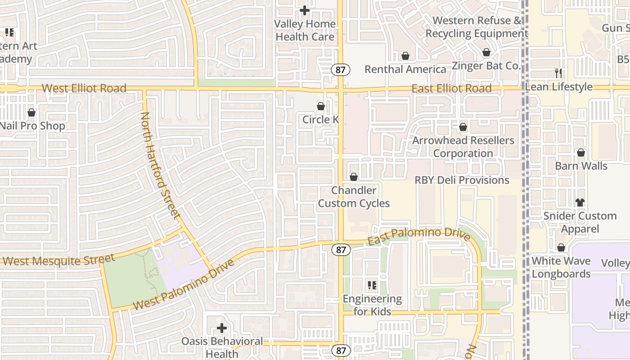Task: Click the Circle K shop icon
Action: (321, 106)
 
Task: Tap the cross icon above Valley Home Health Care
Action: (305, 10)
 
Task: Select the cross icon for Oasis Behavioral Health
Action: (221, 328)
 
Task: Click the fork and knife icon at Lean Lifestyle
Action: (558, 73)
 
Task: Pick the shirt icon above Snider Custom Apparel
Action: (580, 202)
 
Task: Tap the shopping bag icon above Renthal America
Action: (405, 56)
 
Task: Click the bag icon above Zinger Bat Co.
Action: (486, 53)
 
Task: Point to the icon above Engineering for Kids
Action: (372, 285)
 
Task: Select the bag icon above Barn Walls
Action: (581, 153)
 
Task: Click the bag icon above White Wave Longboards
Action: (561, 247)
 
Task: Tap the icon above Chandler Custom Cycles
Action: (354, 177)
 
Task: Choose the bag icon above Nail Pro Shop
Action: (31, 112)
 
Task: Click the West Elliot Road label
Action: (84, 88)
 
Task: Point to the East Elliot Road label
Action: (451, 89)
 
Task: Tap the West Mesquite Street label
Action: (58, 260)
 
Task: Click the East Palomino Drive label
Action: (418, 236)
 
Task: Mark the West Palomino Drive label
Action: (184, 285)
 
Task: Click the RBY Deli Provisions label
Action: (462, 180)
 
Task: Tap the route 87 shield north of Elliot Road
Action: (341, 69)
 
